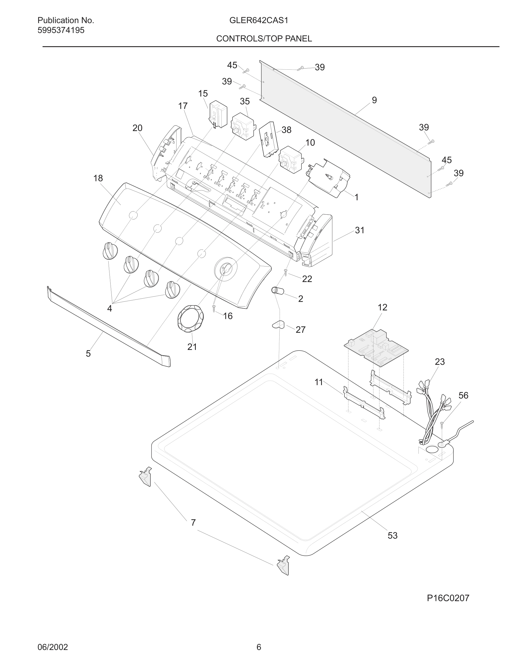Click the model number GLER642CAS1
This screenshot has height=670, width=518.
258,21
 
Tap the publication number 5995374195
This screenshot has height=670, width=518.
61,30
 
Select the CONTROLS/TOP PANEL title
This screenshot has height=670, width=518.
264,39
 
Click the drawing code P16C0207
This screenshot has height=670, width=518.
448,598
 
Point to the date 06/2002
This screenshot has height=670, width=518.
52,647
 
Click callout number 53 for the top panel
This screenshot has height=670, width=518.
392,535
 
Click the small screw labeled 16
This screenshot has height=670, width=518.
214,308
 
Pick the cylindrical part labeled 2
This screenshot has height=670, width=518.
277,290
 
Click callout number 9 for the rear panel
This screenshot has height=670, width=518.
374,100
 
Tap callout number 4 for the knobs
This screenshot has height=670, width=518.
109,308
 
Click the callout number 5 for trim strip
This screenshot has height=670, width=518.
88,354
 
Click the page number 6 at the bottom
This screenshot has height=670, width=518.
259,647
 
